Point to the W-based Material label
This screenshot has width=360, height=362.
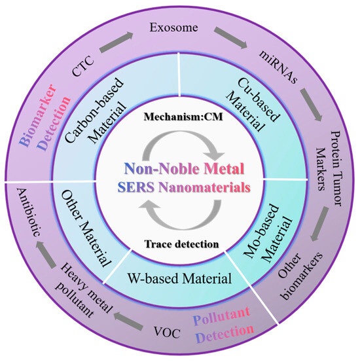[x=189, y=278]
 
